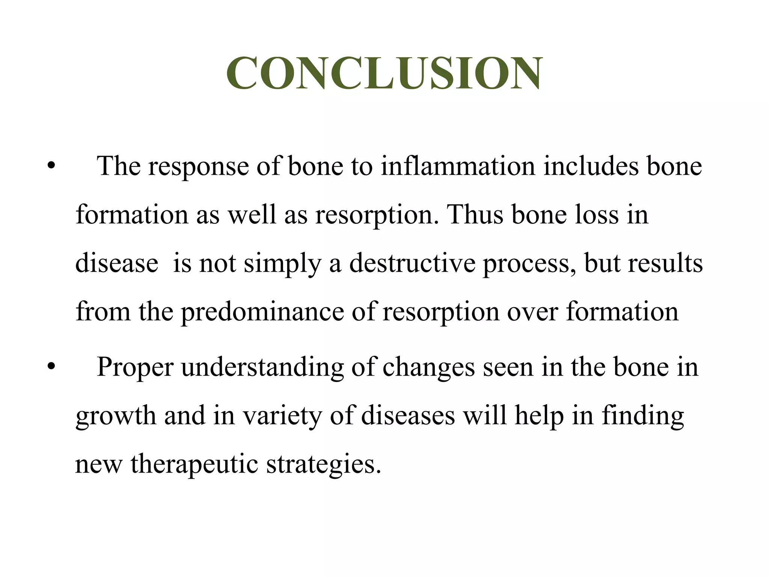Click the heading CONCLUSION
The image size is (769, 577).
pyautogui.click(x=384, y=73)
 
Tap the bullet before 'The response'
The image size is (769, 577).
pyautogui.click(x=51, y=166)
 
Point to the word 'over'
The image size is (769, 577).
pyautogui.click(x=532, y=312)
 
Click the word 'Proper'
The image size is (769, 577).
pyautogui.click(x=135, y=367)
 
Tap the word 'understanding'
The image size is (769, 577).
pyautogui.click(x=262, y=367)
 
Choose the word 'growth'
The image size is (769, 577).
pyautogui.click(x=116, y=416)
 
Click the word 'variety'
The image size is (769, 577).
pyautogui.click(x=282, y=416)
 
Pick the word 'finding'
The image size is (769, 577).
pyautogui.click(x=642, y=416)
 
